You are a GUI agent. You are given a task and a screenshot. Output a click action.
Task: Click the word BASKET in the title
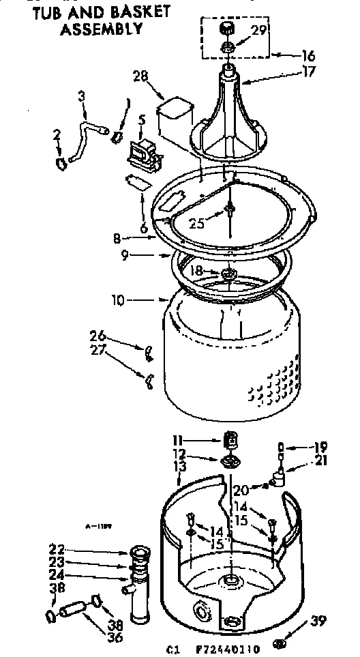(136, 12)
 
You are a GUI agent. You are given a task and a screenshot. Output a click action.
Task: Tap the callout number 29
(259, 29)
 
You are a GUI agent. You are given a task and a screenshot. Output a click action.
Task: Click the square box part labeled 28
(172, 116)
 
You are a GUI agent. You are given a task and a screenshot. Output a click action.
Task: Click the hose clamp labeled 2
(61, 162)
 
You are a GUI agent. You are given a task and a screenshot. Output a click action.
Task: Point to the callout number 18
(196, 271)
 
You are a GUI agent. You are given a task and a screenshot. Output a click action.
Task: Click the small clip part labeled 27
(148, 379)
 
